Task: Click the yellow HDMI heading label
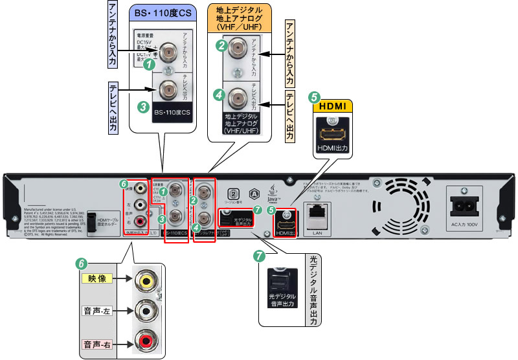[x=335, y=106]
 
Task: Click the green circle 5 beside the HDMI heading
[x=315, y=98]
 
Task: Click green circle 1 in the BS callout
[x=150, y=63]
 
